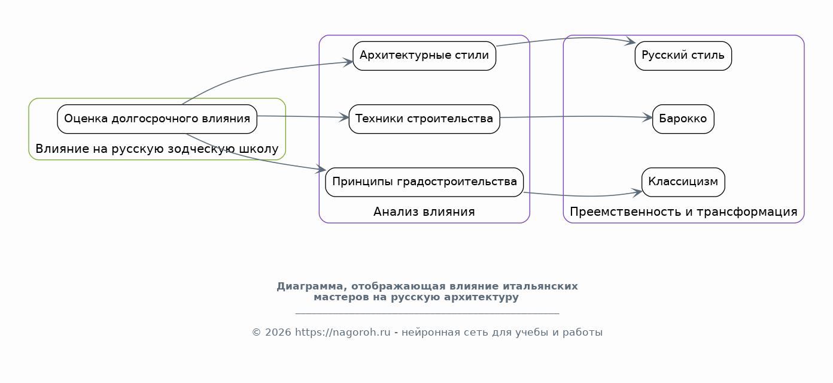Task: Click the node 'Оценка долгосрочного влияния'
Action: point(157,119)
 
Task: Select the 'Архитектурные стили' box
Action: point(424,56)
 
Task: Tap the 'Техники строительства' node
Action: point(424,119)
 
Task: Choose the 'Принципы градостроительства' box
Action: point(424,182)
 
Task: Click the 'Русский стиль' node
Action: point(683,56)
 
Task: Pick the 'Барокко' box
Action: point(683,119)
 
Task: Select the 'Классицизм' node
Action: point(683,182)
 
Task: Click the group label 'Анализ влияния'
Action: point(424,212)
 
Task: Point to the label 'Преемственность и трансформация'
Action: point(683,212)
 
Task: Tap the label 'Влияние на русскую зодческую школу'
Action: point(157,149)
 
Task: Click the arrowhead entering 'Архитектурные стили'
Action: point(348,62)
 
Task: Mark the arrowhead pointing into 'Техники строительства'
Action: point(344,117)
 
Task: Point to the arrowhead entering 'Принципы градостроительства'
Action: point(321,169)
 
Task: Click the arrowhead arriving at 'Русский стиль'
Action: point(630,41)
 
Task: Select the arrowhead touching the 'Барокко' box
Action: point(648,117)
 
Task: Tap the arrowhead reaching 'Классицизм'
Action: point(637,192)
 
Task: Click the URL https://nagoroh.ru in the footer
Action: point(342,332)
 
